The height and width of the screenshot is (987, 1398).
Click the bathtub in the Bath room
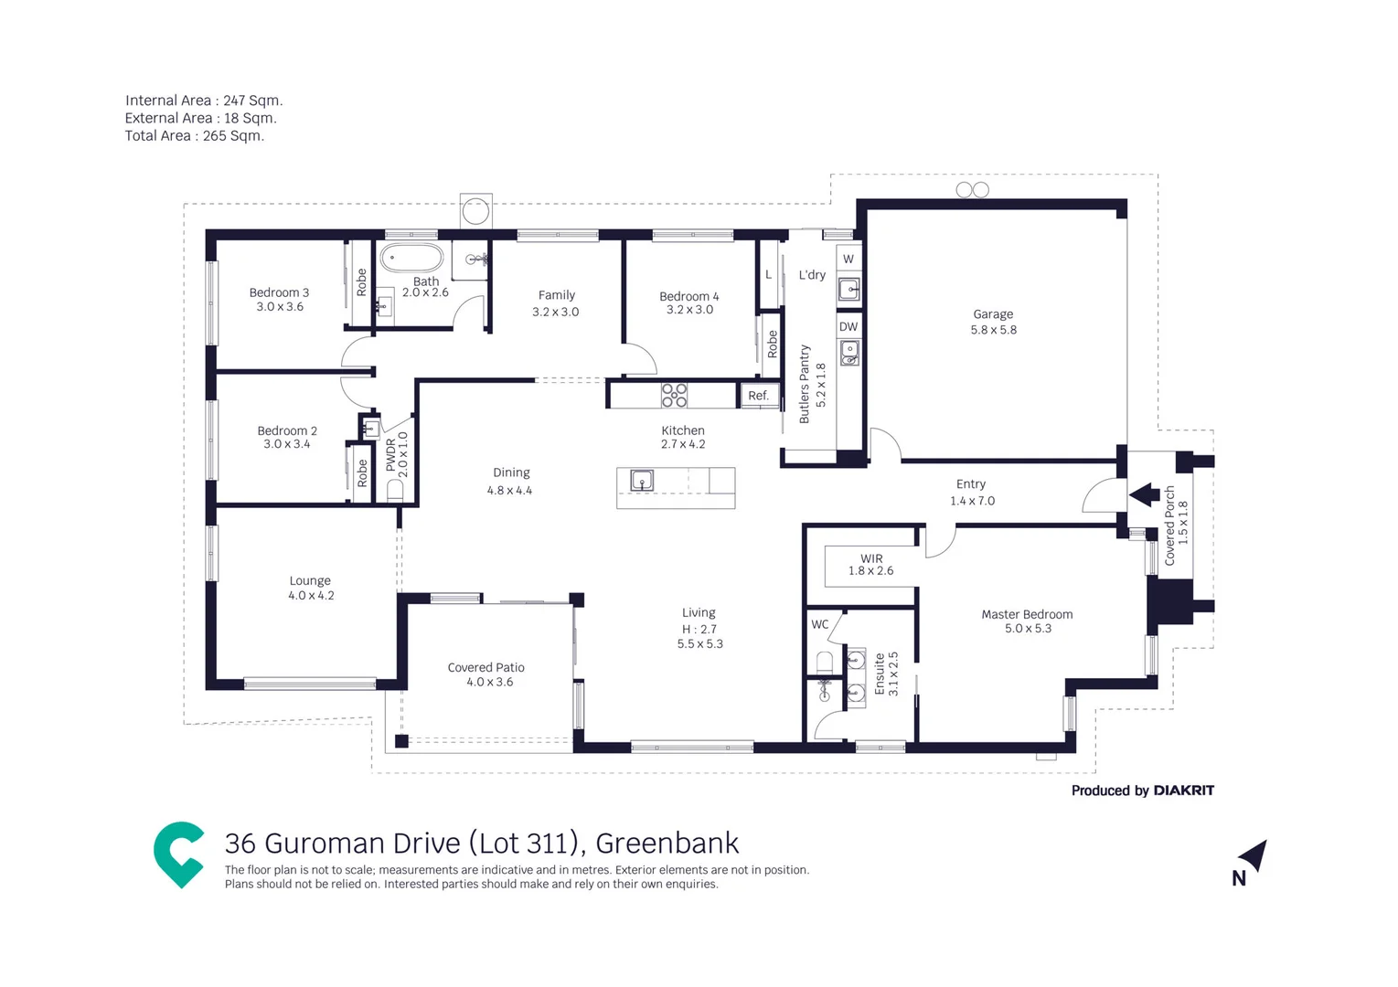(x=411, y=259)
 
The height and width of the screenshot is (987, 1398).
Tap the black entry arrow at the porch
(x=1143, y=495)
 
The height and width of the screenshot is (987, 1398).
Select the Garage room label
(x=993, y=313)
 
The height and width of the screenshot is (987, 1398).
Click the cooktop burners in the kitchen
(x=675, y=395)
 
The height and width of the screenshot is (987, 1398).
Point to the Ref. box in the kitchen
(x=758, y=396)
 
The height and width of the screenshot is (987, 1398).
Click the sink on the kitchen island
(x=642, y=480)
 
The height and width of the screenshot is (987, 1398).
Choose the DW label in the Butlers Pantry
(x=848, y=326)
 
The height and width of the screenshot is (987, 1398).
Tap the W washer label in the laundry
(x=848, y=259)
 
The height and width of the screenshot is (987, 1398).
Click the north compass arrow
(x=1254, y=855)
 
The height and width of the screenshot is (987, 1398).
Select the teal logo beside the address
(x=178, y=854)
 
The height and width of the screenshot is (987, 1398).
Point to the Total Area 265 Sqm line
(x=195, y=135)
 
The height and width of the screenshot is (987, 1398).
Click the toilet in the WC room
(x=825, y=661)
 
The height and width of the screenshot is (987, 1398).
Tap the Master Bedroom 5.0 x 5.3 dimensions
(x=1028, y=629)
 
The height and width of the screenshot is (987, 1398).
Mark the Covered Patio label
(x=486, y=667)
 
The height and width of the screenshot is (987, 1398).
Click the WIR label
(x=871, y=557)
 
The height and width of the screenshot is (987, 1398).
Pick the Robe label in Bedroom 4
(x=773, y=344)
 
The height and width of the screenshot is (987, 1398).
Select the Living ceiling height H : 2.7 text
(x=699, y=629)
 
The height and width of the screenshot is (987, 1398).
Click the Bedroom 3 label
(x=279, y=292)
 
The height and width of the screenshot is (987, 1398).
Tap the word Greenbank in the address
(x=667, y=843)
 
